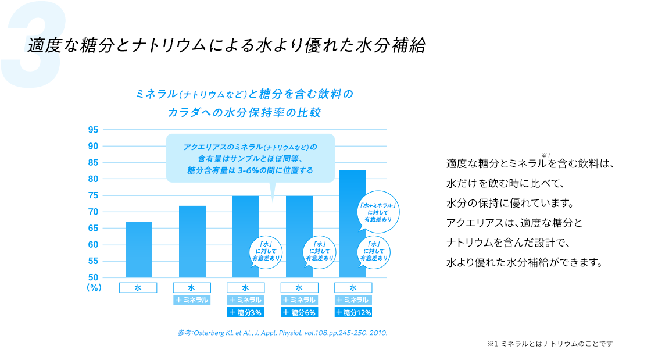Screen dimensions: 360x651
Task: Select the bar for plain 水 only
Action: click(x=138, y=250)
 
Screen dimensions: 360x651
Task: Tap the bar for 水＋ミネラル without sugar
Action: click(x=192, y=241)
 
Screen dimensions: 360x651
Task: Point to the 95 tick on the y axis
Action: click(x=93, y=129)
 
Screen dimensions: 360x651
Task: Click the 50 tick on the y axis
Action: click(x=93, y=277)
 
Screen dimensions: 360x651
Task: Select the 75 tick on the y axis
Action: click(x=93, y=195)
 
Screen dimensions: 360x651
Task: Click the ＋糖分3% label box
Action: click(x=246, y=312)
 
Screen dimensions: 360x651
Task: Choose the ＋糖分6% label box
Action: click(x=299, y=312)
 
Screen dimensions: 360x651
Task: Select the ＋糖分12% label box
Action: click(x=353, y=312)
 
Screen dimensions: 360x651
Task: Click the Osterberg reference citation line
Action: click(x=282, y=333)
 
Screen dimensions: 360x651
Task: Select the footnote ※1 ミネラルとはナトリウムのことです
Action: click(x=550, y=344)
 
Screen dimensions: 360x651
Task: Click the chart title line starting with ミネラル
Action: click(x=244, y=94)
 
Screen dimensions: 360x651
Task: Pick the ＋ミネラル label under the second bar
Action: click(x=192, y=300)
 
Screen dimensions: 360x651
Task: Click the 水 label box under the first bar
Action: click(x=138, y=287)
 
